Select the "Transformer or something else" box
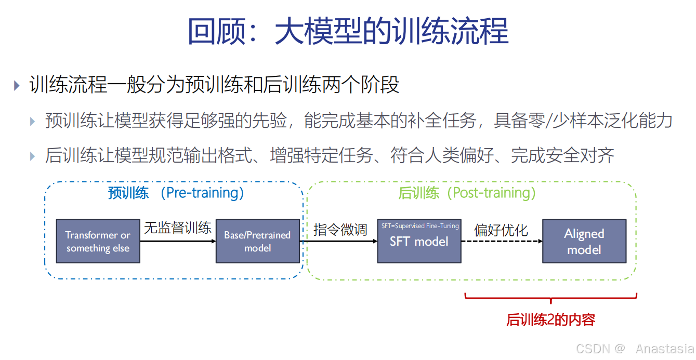[98, 241]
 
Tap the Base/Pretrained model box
[257, 241]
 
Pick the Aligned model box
[584, 241]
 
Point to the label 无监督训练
[178, 228]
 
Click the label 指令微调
[340, 230]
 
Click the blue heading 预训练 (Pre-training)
[176, 193]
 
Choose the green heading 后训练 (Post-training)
[467, 193]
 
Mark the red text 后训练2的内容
[550, 319]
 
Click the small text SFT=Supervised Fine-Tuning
[420, 226]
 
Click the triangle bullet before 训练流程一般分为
[17, 85]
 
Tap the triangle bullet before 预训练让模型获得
[33, 122]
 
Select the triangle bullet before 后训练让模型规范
[33, 155]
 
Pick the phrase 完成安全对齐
[562, 155]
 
